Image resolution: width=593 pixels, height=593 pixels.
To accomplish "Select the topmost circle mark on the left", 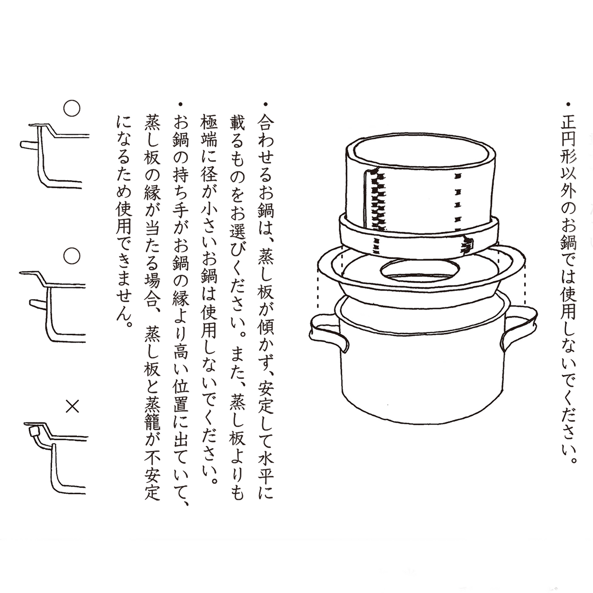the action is pos(72,108).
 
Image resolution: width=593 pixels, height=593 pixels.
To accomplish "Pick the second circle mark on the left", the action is pos(72,256).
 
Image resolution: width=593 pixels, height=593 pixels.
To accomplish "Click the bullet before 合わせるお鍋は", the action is pos(266,104).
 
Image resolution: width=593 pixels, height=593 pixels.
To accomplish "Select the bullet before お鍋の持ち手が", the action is pos(181,104).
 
